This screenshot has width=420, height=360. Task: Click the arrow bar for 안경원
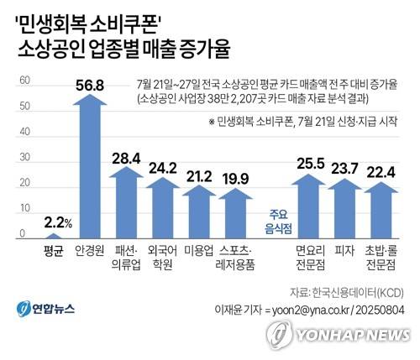(x=89, y=168)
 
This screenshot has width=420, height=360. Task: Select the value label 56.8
(x=88, y=83)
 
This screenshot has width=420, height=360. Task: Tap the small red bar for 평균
(x=53, y=236)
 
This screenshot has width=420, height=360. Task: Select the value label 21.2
(x=199, y=176)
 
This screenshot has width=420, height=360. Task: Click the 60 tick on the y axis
(x=24, y=81)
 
